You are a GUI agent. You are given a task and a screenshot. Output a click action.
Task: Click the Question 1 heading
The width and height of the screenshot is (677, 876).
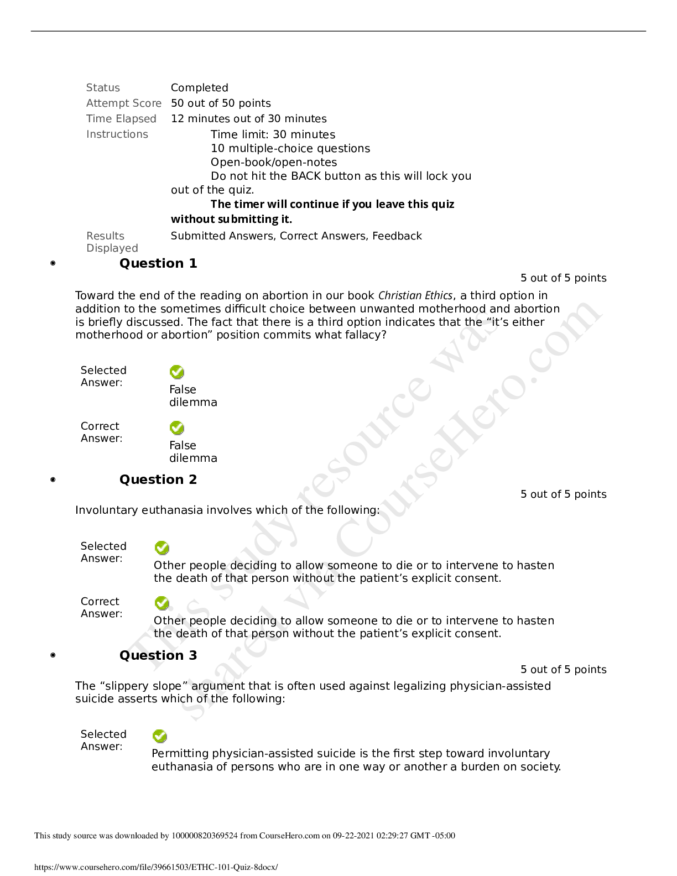click(158, 263)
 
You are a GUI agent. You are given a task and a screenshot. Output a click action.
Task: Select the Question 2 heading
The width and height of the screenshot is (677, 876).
click(158, 479)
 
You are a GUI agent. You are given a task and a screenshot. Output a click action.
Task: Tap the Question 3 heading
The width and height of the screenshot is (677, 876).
click(158, 655)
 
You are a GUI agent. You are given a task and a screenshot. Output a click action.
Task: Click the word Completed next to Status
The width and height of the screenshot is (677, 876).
click(200, 88)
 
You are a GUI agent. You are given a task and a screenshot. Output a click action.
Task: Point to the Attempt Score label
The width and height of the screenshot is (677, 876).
click(124, 103)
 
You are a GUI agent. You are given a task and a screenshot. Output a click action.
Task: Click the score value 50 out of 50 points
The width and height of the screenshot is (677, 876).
click(221, 103)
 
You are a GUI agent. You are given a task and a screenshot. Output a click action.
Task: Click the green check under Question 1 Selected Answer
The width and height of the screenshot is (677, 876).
click(177, 372)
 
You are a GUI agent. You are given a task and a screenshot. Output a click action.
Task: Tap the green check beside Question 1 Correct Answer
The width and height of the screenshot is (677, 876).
click(177, 427)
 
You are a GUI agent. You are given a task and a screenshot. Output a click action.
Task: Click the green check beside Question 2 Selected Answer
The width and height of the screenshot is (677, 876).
click(162, 547)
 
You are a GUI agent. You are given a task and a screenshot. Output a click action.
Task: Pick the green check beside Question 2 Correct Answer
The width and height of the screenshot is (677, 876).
click(162, 603)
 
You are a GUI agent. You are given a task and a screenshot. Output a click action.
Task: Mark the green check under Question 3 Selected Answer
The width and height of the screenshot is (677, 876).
click(160, 736)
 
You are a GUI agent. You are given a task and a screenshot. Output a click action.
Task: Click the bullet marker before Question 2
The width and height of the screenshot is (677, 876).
click(53, 479)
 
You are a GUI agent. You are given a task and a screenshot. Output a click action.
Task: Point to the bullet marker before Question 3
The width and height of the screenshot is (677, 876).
click(53, 655)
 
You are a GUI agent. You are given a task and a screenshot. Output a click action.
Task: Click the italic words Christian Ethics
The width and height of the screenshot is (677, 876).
click(415, 295)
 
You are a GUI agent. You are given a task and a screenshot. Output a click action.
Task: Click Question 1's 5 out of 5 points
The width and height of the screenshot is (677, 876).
click(563, 278)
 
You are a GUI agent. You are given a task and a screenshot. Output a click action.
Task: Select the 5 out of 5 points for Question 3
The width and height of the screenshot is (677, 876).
click(563, 670)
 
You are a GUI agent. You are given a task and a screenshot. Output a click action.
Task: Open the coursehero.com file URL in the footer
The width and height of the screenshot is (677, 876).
click(156, 867)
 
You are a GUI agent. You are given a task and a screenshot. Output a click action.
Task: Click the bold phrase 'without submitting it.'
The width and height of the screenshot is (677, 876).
click(231, 220)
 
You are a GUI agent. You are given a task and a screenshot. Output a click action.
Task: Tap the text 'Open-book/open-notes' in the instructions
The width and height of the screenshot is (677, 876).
click(274, 162)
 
